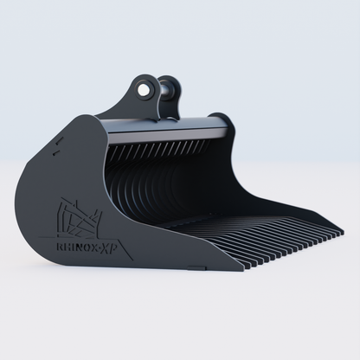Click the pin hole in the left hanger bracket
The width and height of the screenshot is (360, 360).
(142, 87)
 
